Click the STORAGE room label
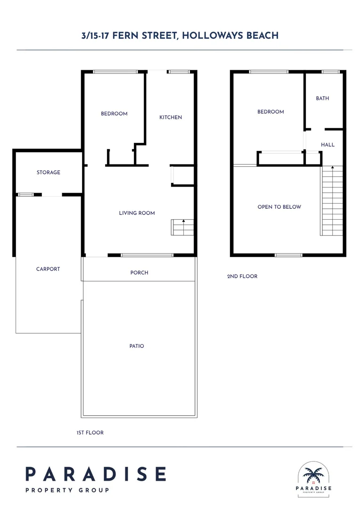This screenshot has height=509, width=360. click(x=49, y=172)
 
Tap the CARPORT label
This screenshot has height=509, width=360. click(x=48, y=269)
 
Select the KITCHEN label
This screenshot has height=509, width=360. click(x=171, y=117)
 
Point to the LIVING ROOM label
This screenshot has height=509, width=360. click(x=137, y=213)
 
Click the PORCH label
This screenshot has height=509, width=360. click(x=139, y=272)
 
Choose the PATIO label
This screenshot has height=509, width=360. click(x=137, y=346)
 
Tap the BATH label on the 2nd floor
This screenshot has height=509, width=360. click(x=322, y=99)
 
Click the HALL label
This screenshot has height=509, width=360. click(x=328, y=145)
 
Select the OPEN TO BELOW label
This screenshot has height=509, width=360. click(x=279, y=207)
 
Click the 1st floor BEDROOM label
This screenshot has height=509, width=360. click(x=114, y=114)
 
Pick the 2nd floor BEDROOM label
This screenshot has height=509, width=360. click(x=270, y=112)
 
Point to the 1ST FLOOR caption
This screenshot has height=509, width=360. click(x=90, y=433)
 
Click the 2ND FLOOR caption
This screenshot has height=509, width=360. click(x=242, y=276)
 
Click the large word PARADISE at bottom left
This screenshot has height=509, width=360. click(x=96, y=474)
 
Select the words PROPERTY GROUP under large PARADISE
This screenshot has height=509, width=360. click(x=67, y=490)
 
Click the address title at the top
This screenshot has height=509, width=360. click(x=180, y=35)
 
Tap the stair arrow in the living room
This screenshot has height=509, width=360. click(x=184, y=222)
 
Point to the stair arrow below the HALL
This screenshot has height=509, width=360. click(x=333, y=168)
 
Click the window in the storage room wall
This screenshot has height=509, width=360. click(x=25, y=194)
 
